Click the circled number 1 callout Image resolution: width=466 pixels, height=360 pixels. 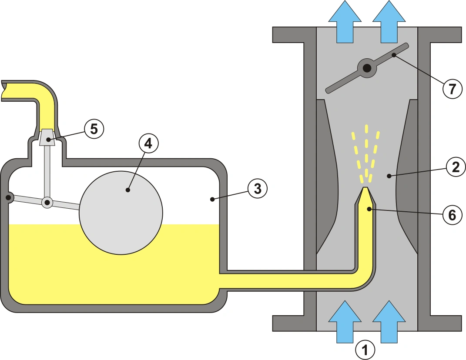pos(365,350)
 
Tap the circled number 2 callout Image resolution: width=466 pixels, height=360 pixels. pos(456,167)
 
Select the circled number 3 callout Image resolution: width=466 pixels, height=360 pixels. pos(258,189)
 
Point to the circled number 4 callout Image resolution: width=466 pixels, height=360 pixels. pos(148,143)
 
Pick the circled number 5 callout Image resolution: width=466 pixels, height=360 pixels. pos(94,129)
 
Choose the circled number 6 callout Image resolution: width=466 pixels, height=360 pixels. pos(452,215)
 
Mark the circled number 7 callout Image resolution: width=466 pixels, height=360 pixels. pos(453,89)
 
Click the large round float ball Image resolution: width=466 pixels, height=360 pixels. pos(121,213)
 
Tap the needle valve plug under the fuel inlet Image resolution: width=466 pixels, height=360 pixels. pos(47,137)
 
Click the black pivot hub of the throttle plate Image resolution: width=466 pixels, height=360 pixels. pos(367,68)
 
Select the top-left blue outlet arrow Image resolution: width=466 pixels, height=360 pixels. pos(345,21)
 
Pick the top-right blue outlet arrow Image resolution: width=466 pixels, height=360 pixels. pos(389,21)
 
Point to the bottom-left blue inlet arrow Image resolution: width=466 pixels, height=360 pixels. pos(345,322)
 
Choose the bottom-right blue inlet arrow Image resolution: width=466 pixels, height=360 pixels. pos(389,322)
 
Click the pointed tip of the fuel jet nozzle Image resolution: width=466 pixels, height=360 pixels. pos(365,188)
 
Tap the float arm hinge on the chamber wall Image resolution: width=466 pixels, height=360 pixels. pos(8,197)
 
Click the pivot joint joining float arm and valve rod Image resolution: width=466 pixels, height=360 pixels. pos(47,203)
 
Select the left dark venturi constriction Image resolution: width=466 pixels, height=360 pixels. pos(327,177)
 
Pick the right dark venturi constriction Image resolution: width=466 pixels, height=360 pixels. pos(407,177)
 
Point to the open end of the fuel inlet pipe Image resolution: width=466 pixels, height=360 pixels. pos(3,90)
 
